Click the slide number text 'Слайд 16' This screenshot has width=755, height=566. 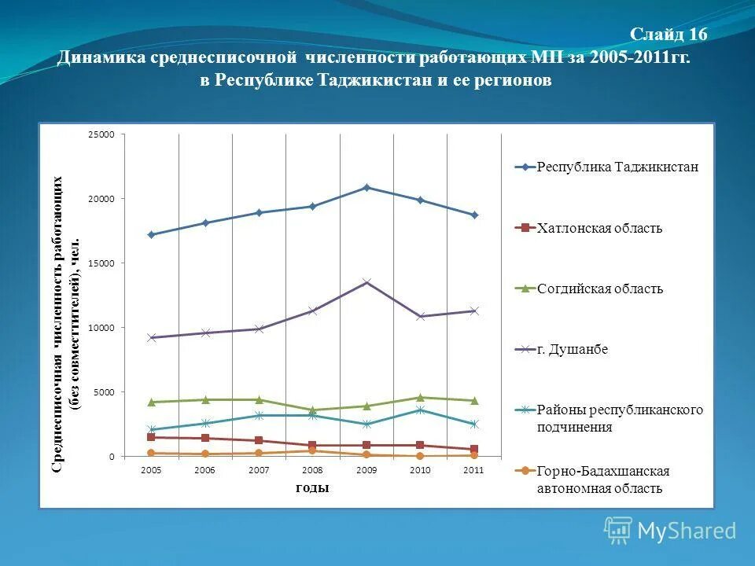pos(668,35)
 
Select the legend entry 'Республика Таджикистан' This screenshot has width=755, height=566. pos(617,167)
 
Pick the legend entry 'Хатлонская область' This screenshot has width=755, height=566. pos(598,229)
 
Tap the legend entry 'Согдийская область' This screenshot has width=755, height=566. pos(599,289)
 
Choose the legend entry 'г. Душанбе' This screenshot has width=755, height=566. pos(572,350)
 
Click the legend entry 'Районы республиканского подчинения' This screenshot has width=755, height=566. pos(619,419)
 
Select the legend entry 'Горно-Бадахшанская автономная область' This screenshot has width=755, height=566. pos(602,480)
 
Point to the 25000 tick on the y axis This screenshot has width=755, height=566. pos(101,135)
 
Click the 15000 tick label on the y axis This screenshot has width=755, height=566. pos(101,263)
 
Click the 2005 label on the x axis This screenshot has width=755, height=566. pos(151,470)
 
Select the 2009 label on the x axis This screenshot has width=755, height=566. pos(366,470)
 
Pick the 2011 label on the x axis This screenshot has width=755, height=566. pos(473,470)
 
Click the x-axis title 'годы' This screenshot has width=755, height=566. pos(312,488)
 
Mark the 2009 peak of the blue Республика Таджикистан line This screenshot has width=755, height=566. pos(366,187)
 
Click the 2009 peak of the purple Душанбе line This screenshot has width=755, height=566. pos(366,282)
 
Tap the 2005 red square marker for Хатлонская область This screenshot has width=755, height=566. pos(151,437)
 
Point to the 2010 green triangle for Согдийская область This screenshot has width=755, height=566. pos(420,397)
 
